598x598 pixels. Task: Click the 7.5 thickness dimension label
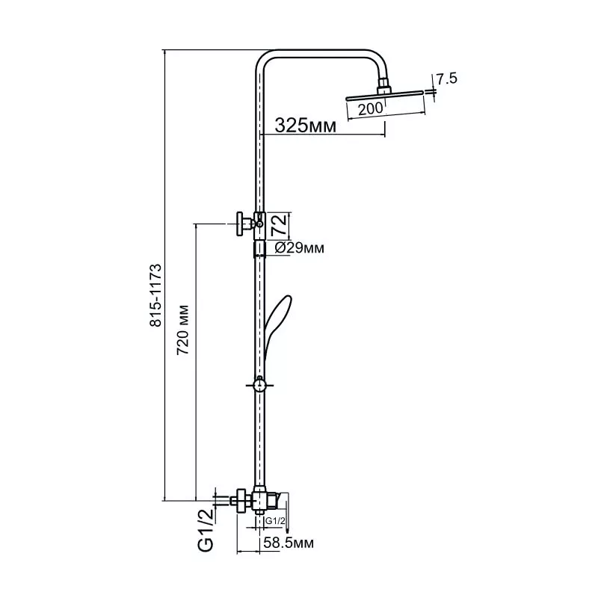tap(446, 79)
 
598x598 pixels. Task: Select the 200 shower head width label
tap(370, 109)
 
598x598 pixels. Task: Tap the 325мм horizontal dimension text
tap(306, 125)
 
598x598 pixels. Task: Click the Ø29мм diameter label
tap(300, 248)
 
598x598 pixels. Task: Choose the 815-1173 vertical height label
tap(155, 295)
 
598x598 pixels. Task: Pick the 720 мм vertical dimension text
tap(183, 330)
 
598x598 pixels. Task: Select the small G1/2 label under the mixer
tap(275, 521)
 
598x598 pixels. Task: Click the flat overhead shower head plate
tap(384, 96)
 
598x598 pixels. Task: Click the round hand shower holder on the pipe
tap(259, 385)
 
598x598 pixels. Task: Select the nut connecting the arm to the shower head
tap(384, 86)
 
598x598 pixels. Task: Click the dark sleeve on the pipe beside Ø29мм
tap(259, 248)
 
